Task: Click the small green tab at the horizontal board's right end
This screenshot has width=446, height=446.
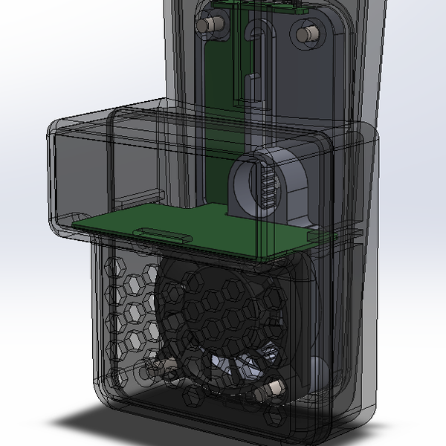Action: click(x=321, y=236)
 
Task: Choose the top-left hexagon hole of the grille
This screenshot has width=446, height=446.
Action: click(x=117, y=264)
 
